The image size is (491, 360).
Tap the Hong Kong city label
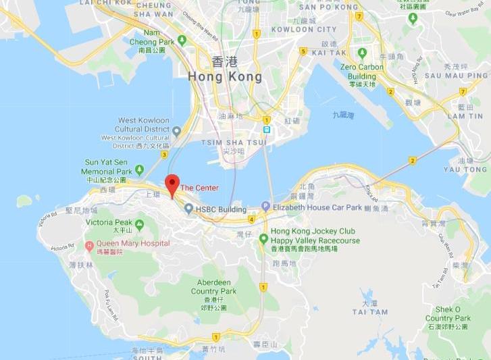226,70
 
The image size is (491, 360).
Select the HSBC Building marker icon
188,209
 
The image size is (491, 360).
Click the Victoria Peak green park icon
139,224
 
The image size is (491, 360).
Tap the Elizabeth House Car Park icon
266,207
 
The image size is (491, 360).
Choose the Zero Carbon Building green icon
363,52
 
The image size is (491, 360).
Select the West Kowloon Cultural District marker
177,130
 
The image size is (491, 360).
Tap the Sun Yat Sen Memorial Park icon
139,169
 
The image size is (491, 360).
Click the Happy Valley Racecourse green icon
263,237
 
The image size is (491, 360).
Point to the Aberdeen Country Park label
217,286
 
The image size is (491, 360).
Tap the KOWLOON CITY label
303,29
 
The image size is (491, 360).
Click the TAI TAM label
369,312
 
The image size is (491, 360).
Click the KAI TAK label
329,52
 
